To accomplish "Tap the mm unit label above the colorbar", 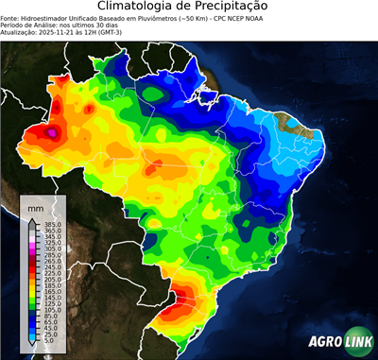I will click(35, 207).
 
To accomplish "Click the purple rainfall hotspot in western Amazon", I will click(54, 133).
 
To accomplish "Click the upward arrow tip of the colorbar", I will click(31, 220).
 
